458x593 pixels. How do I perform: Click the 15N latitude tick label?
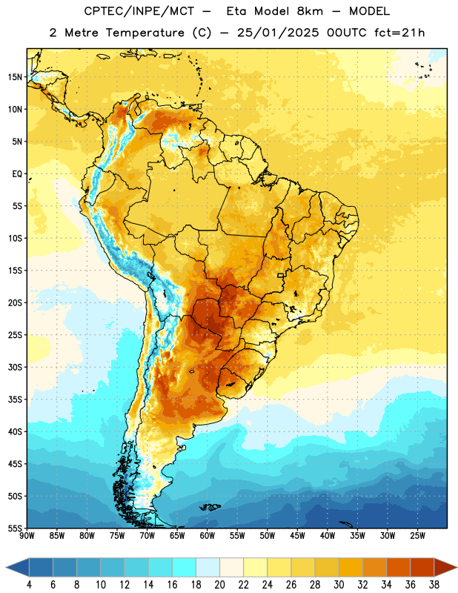pos(15,77)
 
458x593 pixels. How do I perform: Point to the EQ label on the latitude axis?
pos(17,174)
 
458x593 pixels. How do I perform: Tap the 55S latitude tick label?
pos(15,529)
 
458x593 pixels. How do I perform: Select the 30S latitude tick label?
pos(15,367)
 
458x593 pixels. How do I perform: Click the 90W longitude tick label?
pos(27,536)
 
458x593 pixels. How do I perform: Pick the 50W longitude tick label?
pos(268,536)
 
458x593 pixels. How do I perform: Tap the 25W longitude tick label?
pos(417,536)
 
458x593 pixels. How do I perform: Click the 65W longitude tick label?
pos(177,536)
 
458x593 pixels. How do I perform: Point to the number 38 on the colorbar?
pos(434,585)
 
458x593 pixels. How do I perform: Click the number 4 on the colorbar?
pos(29,585)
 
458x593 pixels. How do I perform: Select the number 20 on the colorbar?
pos(219,585)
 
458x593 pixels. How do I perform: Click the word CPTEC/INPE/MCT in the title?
pos(139,11)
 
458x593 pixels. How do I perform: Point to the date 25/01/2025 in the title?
pos(278,33)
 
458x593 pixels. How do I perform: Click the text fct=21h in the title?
pos(399,33)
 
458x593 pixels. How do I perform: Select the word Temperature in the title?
pos(145,33)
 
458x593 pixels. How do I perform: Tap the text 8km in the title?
pos(310,11)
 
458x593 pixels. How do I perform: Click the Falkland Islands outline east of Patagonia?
pos(210,507)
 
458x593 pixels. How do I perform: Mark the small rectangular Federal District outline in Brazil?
pos(281,275)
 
